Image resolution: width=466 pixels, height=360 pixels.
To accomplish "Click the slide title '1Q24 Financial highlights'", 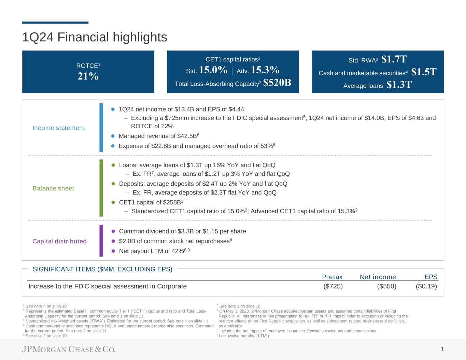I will click(x=95, y=37).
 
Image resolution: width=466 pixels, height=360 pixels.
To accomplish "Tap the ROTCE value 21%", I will click(x=88, y=76).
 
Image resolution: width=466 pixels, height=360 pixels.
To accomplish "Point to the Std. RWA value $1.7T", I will click(x=394, y=59).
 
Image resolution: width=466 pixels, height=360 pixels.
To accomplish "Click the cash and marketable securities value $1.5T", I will click(x=424, y=72).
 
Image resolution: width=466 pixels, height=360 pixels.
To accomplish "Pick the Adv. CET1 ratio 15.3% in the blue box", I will click(x=265, y=70).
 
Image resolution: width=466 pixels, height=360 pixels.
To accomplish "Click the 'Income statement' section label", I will click(x=59, y=128).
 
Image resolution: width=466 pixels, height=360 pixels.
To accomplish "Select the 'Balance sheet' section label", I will click(x=53, y=188).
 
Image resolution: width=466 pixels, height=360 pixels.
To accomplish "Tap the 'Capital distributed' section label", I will click(x=59, y=241).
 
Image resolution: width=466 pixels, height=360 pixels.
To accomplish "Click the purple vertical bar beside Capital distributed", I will click(x=101, y=241).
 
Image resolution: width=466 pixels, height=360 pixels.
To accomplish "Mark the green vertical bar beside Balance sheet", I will click(x=101, y=188).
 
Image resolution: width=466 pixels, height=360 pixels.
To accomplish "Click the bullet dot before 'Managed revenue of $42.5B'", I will click(x=113, y=136).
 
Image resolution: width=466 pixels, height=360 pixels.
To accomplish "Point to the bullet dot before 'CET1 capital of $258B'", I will click(x=113, y=202).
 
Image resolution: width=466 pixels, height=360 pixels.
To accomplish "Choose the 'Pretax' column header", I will click(x=332, y=277).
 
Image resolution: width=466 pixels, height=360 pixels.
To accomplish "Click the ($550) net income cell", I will click(x=386, y=286).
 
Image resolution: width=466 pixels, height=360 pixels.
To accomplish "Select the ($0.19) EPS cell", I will click(x=426, y=286).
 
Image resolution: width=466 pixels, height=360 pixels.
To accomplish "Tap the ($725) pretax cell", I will click(x=333, y=286).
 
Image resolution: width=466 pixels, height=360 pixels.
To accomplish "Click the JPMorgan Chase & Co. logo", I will click(x=69, y=349).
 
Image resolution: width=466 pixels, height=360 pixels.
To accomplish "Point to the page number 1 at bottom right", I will click(x=442, y=348).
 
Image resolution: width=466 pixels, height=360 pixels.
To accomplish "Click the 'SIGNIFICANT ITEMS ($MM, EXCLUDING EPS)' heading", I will click(x=102, y=269).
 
